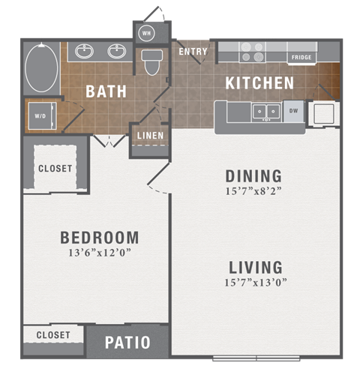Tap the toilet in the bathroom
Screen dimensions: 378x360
tap(152, 61)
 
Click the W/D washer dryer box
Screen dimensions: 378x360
tap(40, 116)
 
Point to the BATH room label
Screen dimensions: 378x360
tap(106, 91)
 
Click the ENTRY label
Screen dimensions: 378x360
tap(193, 51)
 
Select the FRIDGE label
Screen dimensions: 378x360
tap(301, 57)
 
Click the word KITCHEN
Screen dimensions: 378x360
tap(259, 82)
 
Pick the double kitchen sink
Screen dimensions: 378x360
tap(265, 112)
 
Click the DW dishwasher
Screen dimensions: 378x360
tap(293, 110)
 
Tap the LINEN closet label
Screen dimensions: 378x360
tap(149, 136)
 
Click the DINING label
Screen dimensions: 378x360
tap(253, 176)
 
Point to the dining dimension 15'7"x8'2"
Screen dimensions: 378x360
tap(254, 191)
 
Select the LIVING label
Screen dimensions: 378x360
tap(254, 267)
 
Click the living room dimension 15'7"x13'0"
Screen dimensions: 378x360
tap(254, 283)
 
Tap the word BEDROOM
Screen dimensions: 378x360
tap(99, 238)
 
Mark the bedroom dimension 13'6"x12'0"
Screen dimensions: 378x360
tap(99, 253)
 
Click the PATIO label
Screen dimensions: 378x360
tap(127, 343)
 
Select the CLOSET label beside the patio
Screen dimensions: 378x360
tap(52, 334)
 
